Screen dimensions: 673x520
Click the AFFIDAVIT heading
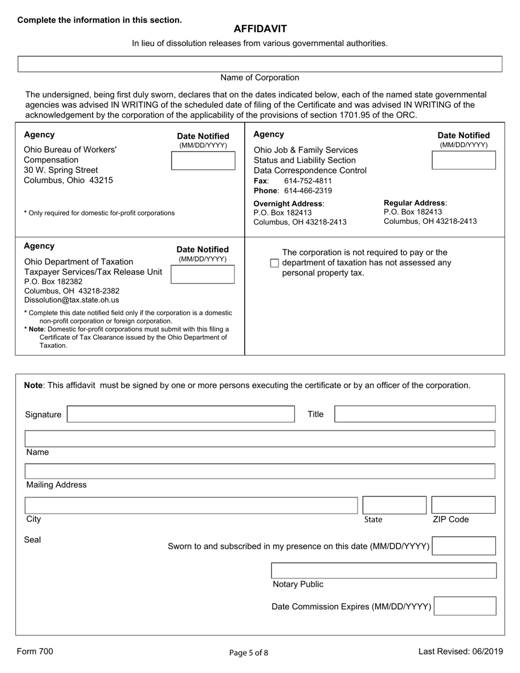point(260,29)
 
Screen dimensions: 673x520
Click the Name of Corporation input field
point(260,64)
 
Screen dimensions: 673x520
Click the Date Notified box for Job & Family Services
point(464,160)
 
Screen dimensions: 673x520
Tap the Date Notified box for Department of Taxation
point(203,274)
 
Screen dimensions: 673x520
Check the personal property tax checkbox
point(275,263)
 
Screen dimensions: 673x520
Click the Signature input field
point(181,414)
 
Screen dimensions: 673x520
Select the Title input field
point(414,414)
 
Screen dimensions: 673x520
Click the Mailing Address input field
point(260,472)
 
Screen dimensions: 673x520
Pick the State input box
point(394,505)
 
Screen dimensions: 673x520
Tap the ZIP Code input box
point(463,505)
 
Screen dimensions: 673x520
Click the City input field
point(191,505)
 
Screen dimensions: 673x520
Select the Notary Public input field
point(384,571)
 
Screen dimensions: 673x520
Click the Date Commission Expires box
point(465,606)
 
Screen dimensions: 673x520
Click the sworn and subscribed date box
point(464,546)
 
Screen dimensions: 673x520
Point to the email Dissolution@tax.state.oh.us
point(71,300)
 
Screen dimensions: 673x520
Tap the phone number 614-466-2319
point(308,191)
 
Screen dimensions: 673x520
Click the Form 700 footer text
point(35,651)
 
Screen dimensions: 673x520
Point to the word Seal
point(32,540)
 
